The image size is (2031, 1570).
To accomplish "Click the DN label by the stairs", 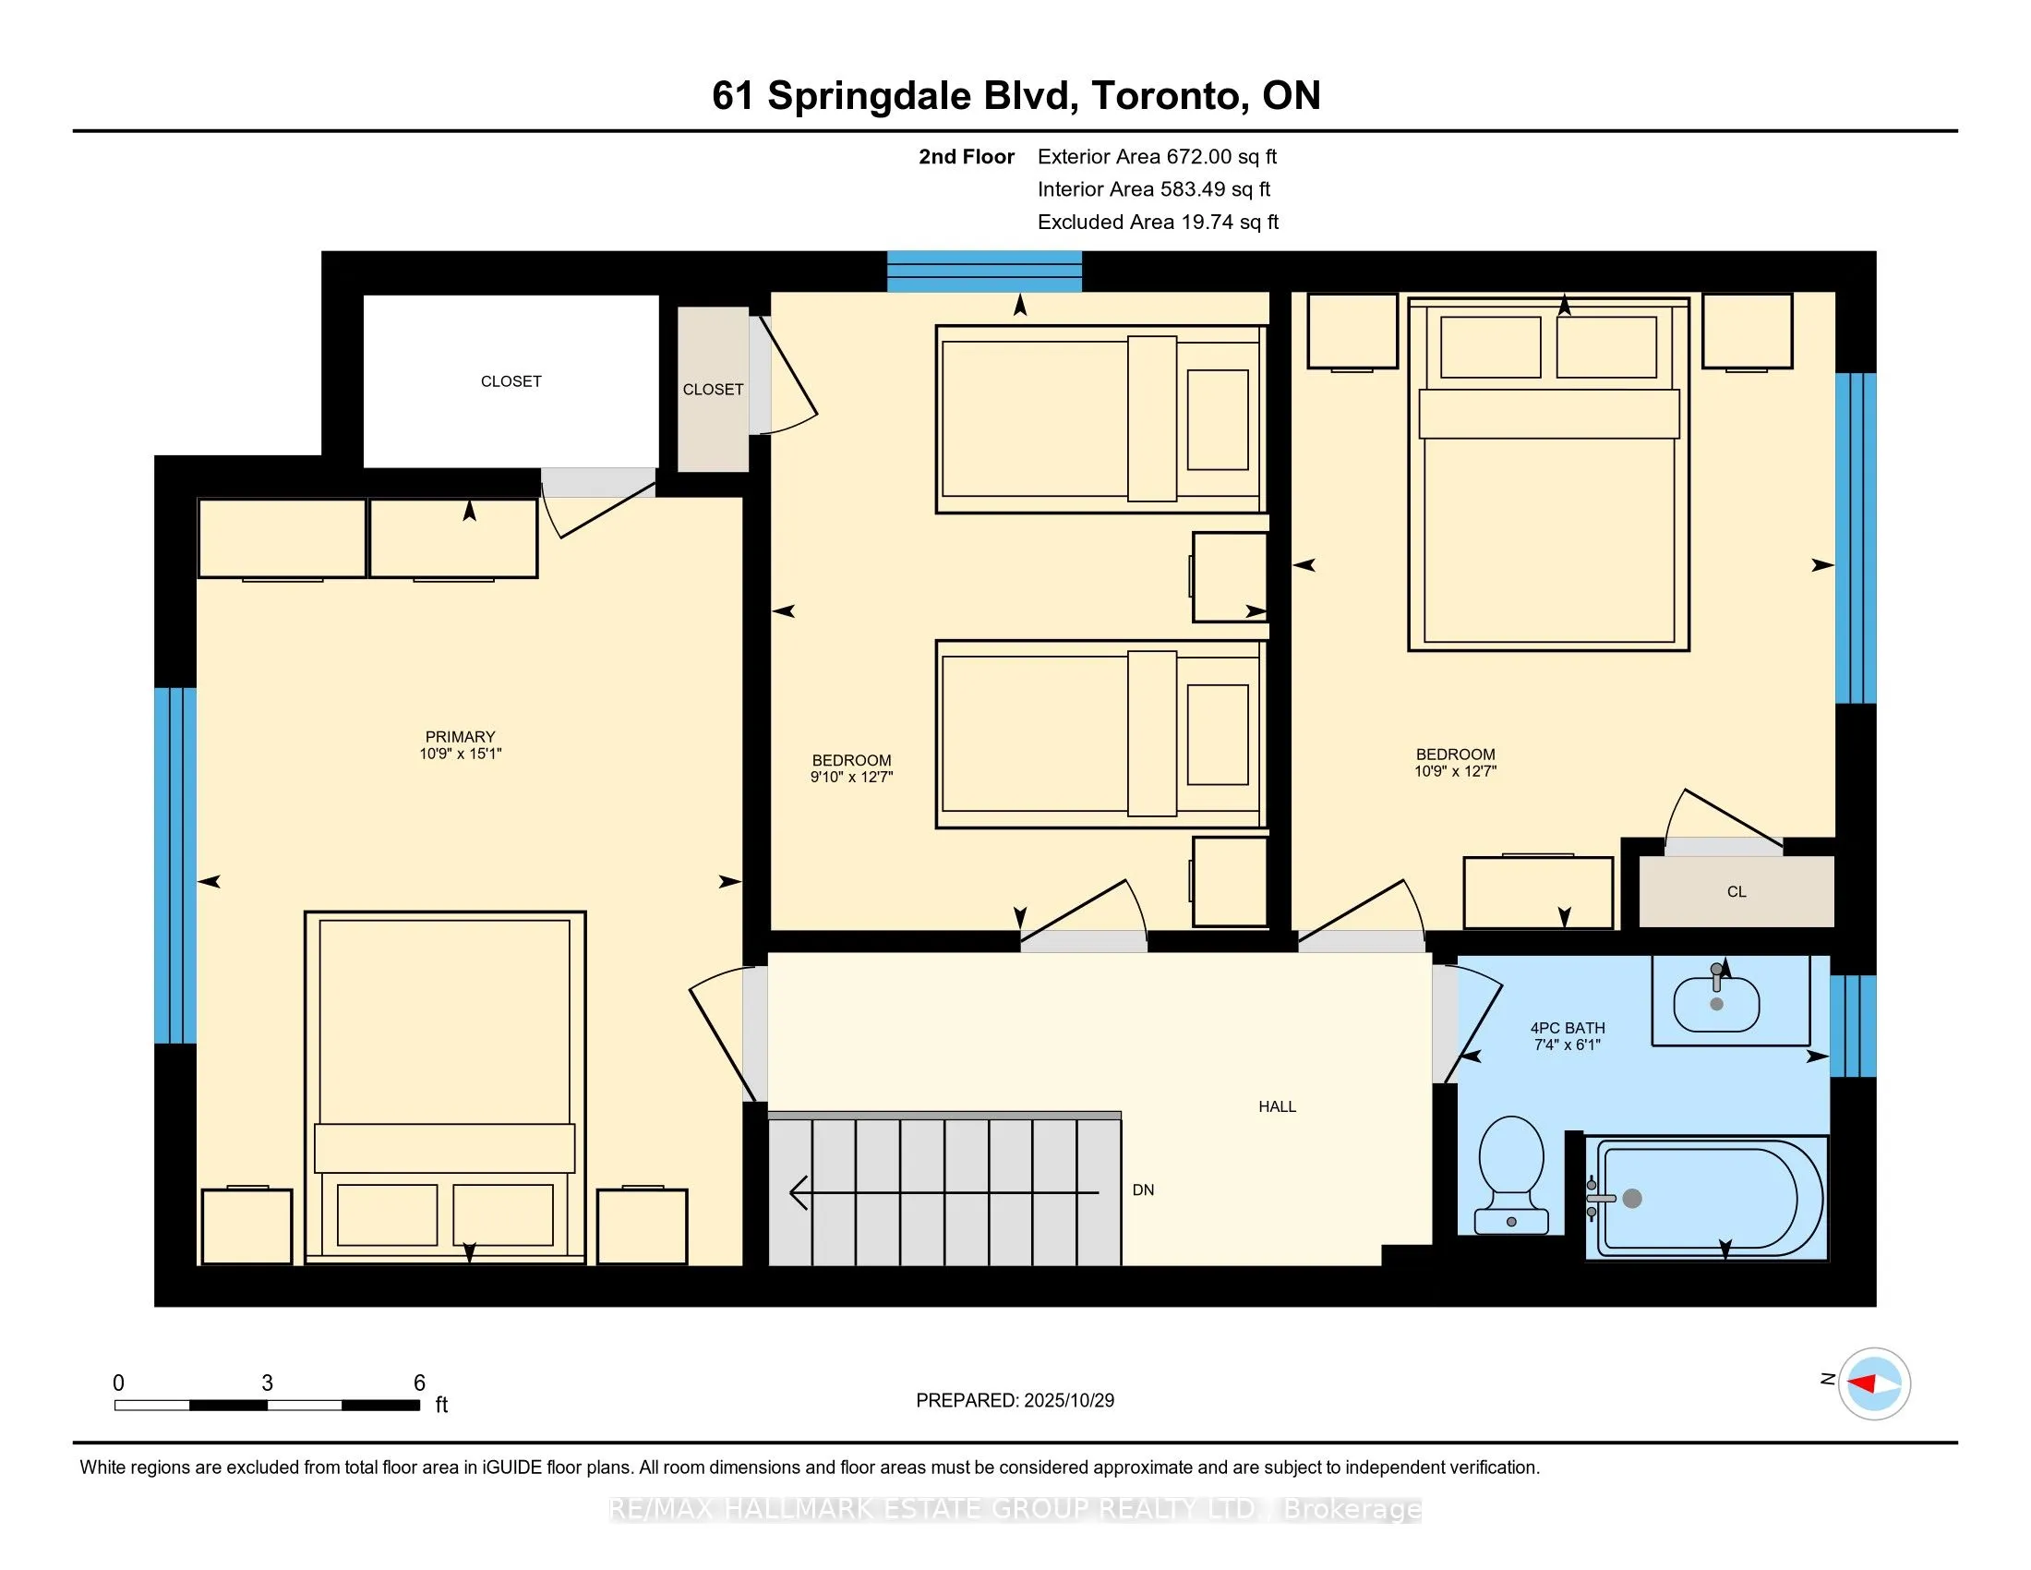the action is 1143,1190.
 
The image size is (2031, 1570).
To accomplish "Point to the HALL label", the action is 1277,1105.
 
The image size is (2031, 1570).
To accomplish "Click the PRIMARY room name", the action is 461,737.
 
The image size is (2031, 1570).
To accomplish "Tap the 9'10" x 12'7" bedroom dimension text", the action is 851,777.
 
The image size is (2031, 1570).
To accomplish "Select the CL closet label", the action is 1737,891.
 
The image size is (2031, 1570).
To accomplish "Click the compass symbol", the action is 1874,1383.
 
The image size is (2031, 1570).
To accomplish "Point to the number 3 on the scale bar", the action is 267,1383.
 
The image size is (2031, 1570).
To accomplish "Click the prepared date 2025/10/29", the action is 1068,1400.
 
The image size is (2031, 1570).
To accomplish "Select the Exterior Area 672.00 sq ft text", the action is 1157,156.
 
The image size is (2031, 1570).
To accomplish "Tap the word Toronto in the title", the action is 1167,96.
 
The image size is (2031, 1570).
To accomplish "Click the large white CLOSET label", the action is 511,381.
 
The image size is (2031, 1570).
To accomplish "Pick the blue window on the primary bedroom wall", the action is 175,865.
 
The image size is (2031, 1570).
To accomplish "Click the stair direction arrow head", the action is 797,1192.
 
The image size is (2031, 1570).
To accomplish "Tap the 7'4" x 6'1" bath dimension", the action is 1567,1045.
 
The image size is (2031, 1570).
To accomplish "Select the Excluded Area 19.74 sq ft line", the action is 1158,222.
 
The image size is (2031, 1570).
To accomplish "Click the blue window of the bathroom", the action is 1853,1025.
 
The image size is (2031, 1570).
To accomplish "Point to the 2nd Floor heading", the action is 967,156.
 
